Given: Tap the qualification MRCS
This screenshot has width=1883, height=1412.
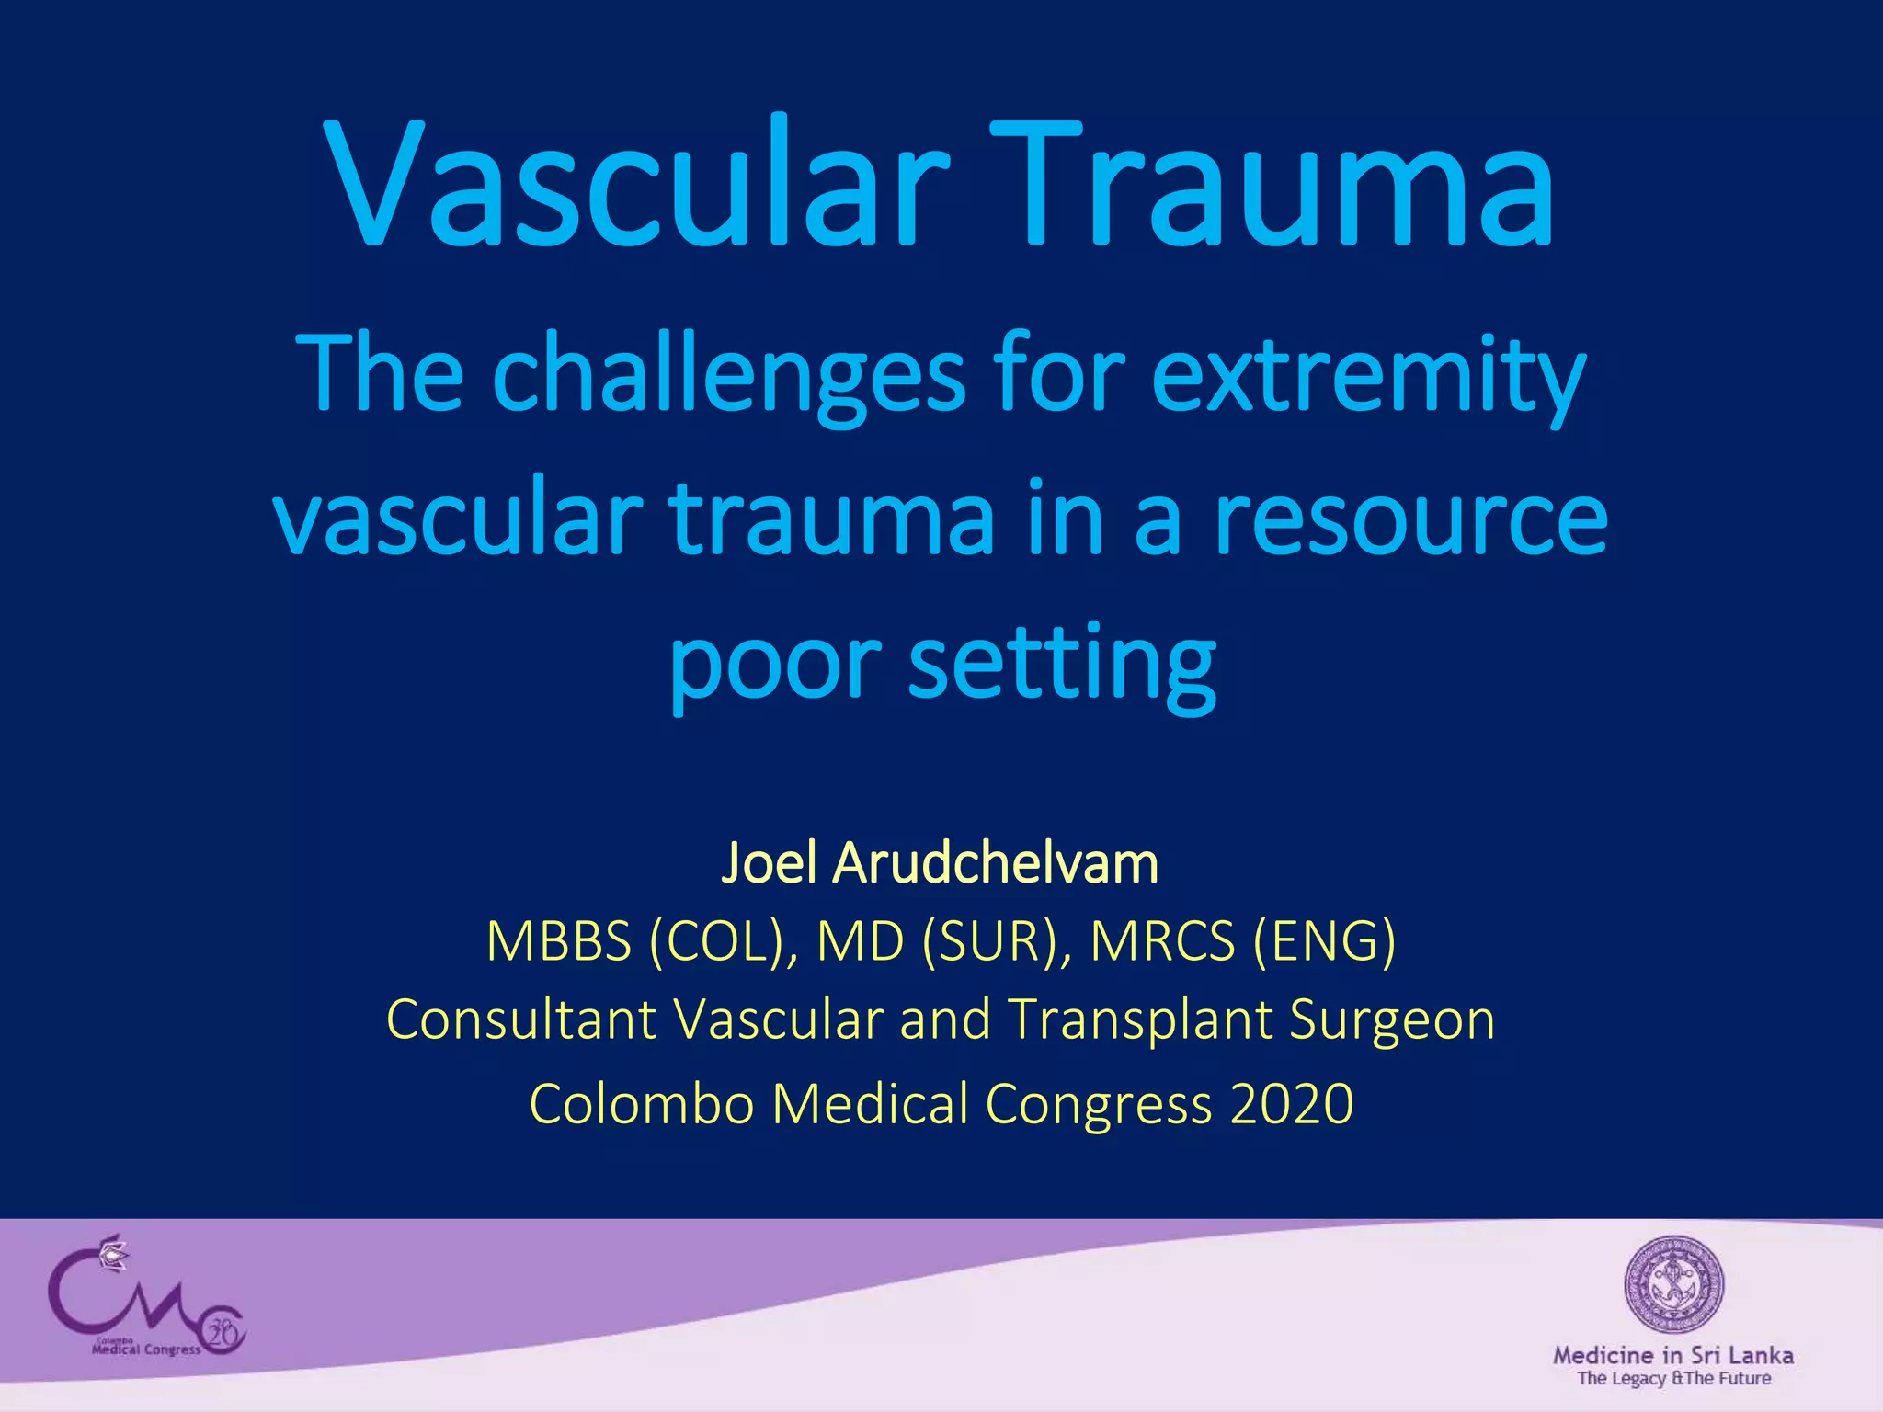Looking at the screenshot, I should point(1162,941).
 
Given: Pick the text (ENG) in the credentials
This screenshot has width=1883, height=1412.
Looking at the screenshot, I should point(1324,941).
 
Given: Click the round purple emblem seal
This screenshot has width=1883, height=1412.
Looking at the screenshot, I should point(1673,1284).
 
